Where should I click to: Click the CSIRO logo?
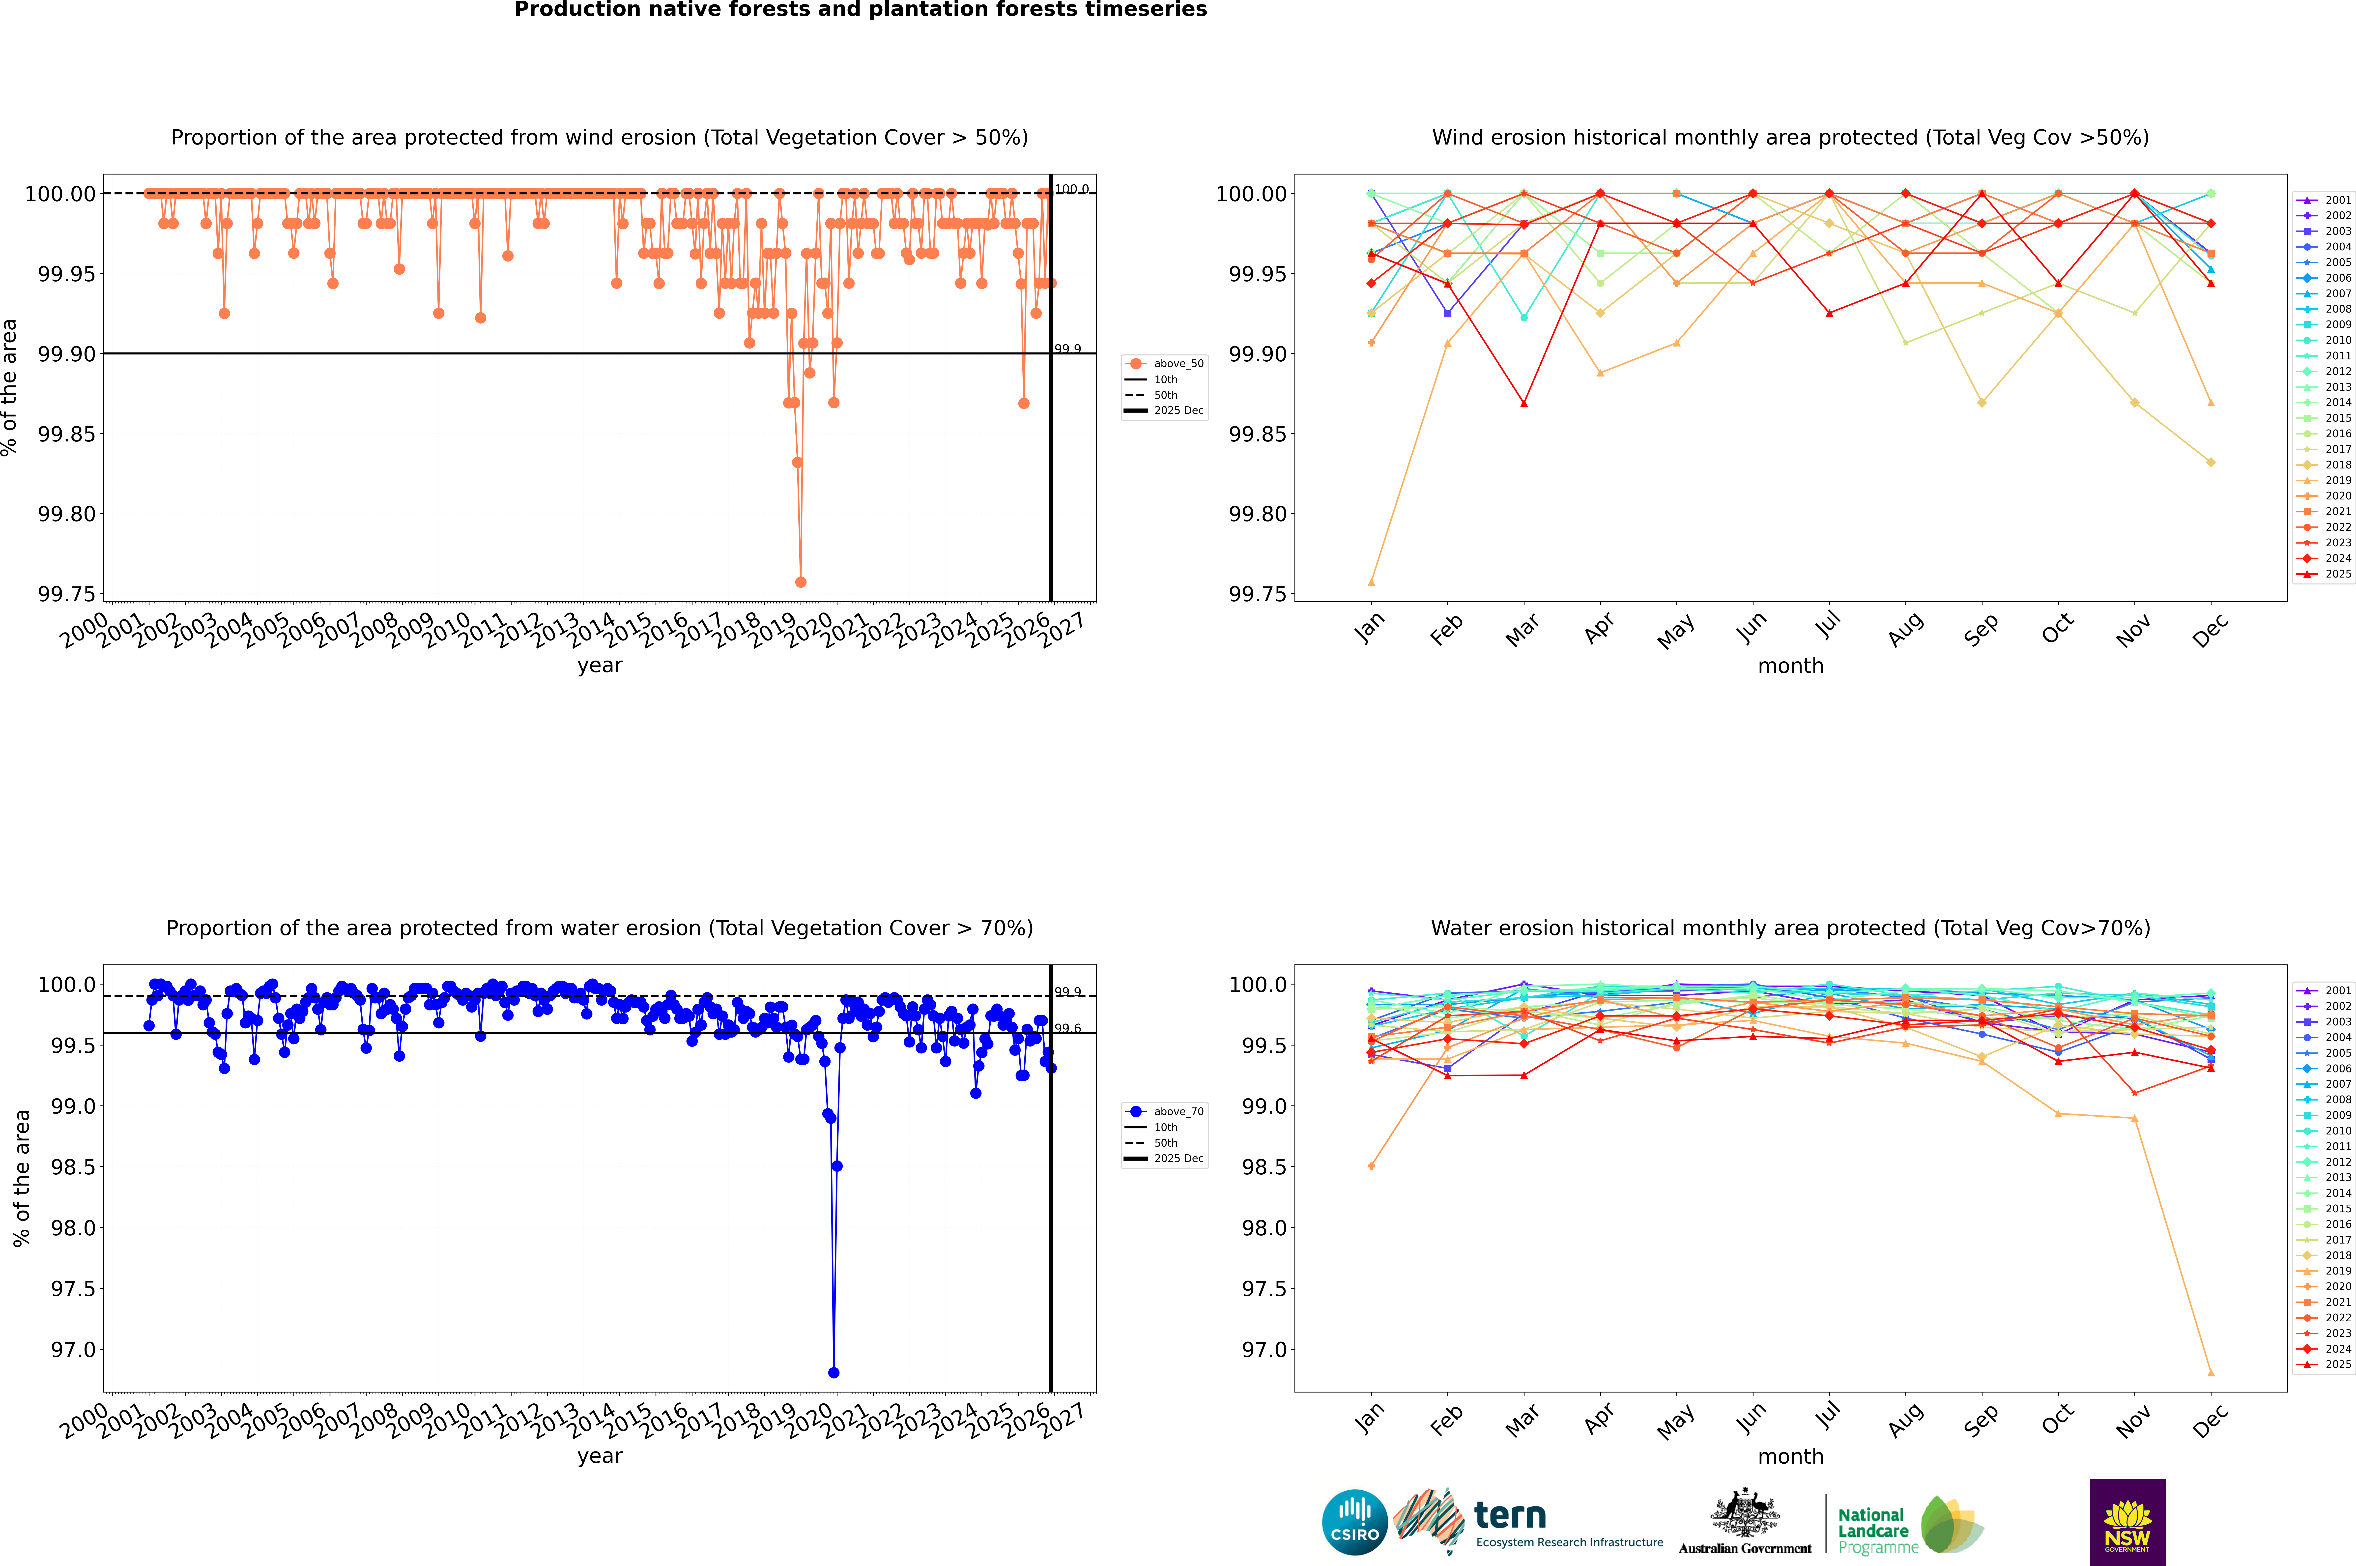tap(1354, 1522)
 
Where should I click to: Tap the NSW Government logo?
tap(2127, 1522)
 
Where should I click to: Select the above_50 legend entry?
tap(1178, 364)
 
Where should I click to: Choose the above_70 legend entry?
tap(1178, 1112)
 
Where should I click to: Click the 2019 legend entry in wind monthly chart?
tap(2337, 480)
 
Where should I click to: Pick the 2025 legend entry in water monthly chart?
tap(2337, 1364)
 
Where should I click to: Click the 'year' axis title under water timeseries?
tap(599, 1456)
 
